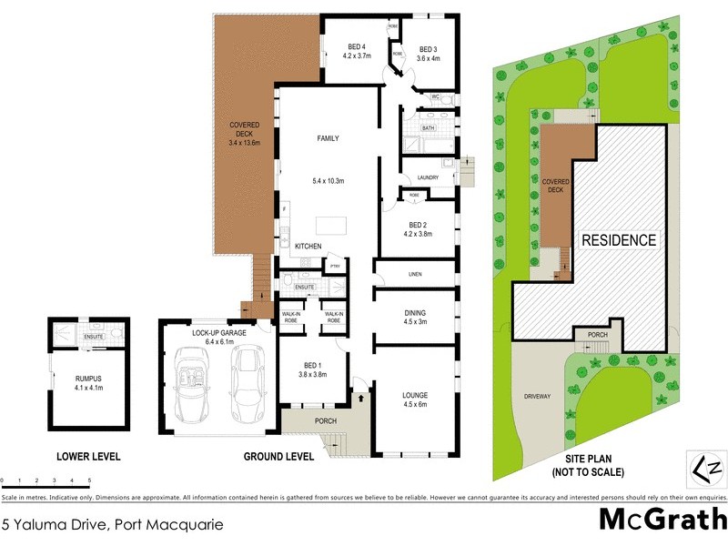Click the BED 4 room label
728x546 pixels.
pyautogui.click(x=356, y=47)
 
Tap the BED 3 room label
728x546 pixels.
pyautogui.click(x=428, y=49)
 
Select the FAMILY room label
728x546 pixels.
pyautogui.click(x=328, y=139)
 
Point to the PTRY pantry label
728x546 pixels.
pyautogui.click(x=334, y=266)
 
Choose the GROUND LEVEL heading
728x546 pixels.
pyautogui.click(x=278, y=457)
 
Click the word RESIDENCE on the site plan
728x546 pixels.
pyautogui.click(x=619, y=241)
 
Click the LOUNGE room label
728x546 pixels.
pyautogui.click(x=414, y=395)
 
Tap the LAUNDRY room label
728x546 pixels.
pyautogui.click(x=427, y=177)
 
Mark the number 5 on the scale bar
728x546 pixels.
pyautogui.click(x=89, y=480)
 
